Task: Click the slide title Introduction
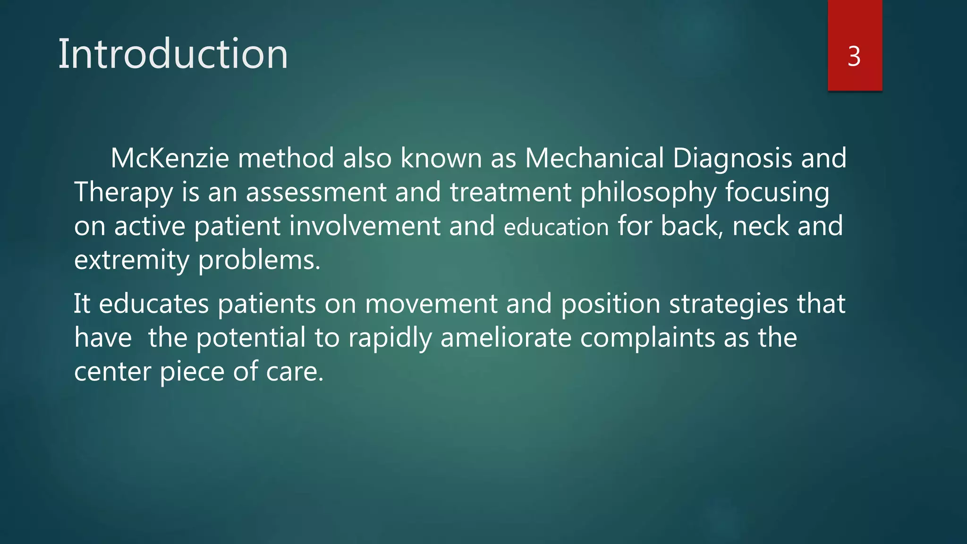(x=173, y=54)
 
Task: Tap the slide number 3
(x=854, y=57)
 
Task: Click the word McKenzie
(x=170, y=158)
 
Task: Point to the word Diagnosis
(x=732, y=159)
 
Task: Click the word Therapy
(x=124, y=193)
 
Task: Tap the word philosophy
(x=648, y=193)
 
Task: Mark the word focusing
(x=777, y=193)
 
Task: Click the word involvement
(x=365, y=226)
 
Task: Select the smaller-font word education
(x=556, y=227)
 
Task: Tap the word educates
(x=154, y=304)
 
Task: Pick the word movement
(x=431, y=304)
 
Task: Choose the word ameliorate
(x=506, y=338)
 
